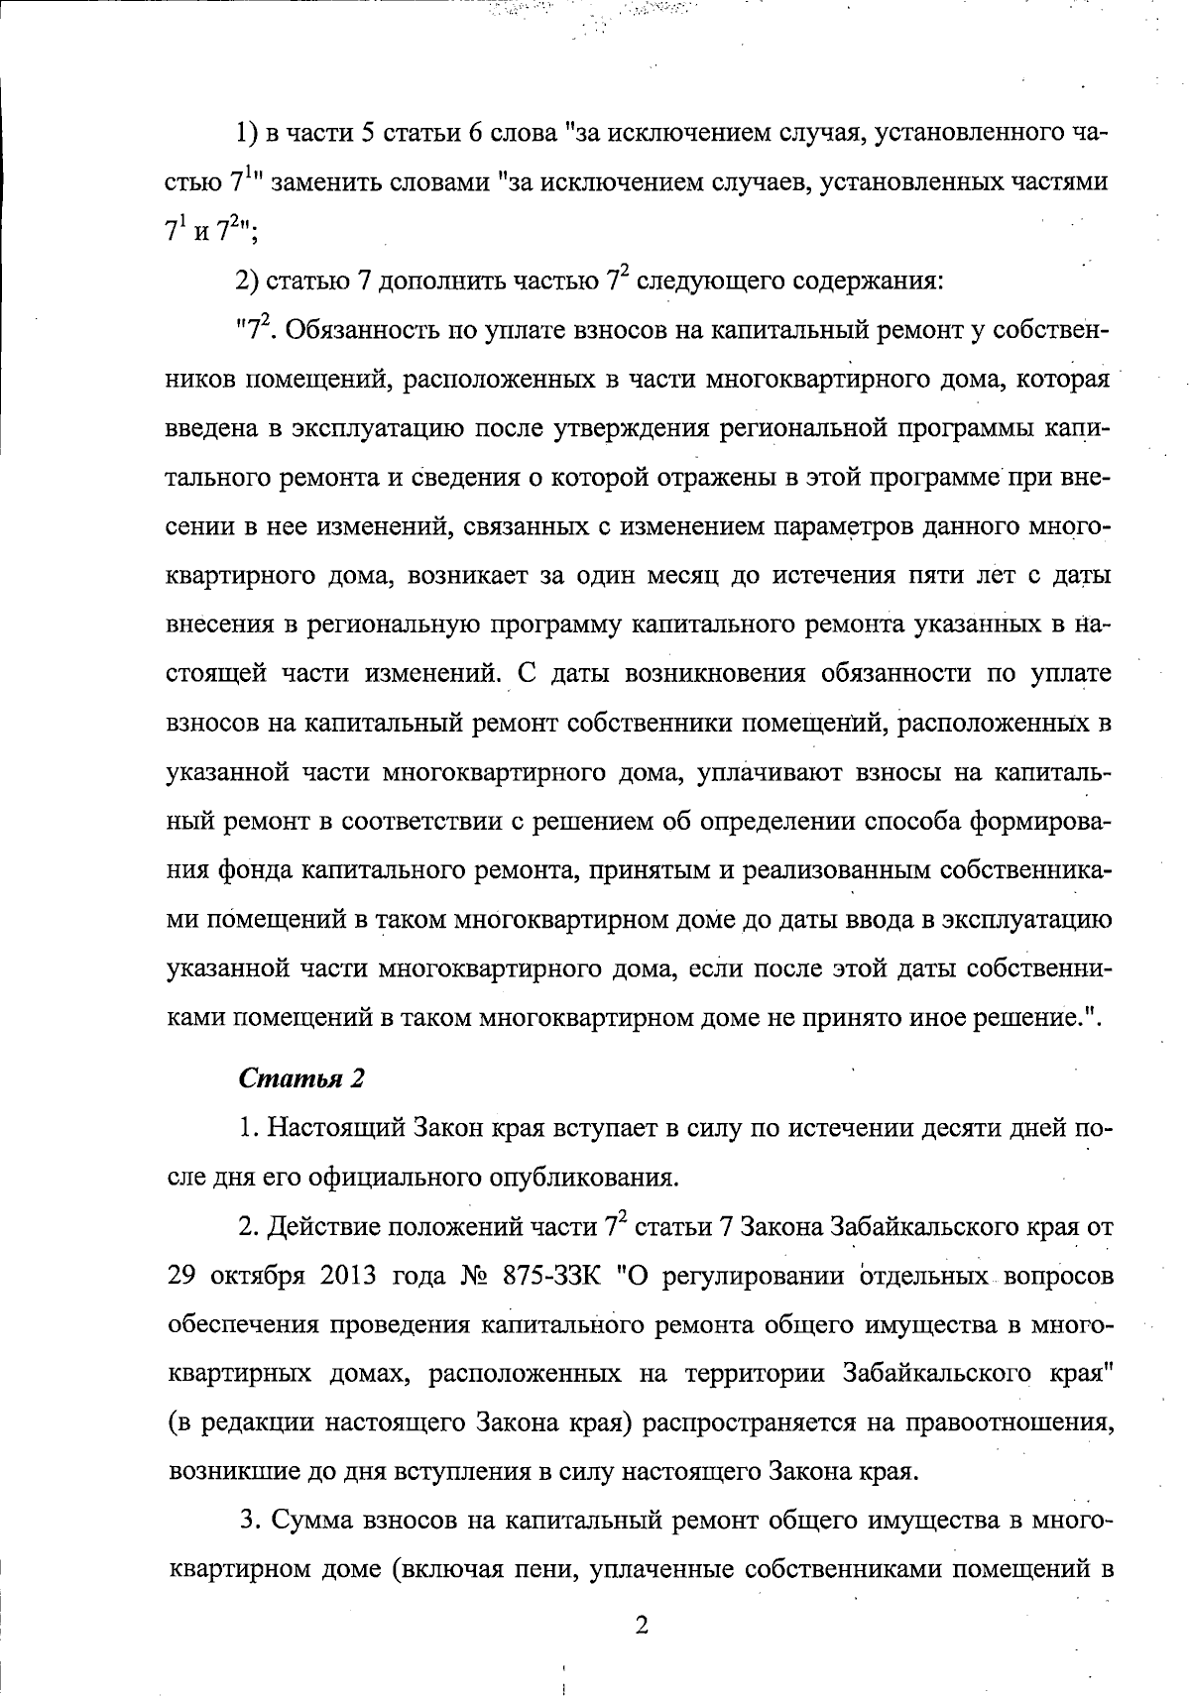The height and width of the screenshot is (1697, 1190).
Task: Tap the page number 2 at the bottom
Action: point(641,1626)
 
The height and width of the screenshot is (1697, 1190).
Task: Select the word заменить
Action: point(328,183)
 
